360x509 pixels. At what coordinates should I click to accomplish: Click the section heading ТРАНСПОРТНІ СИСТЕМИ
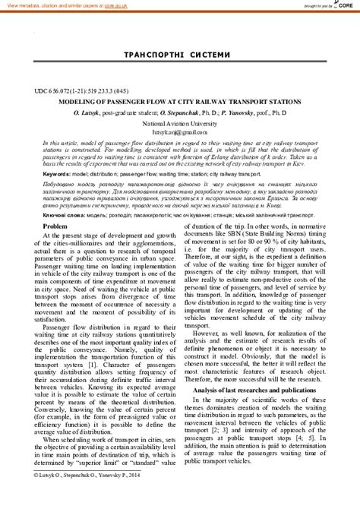180,55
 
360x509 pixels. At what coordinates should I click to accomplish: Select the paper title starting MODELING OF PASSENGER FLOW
179,101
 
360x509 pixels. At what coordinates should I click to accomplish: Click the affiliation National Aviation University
179,122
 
